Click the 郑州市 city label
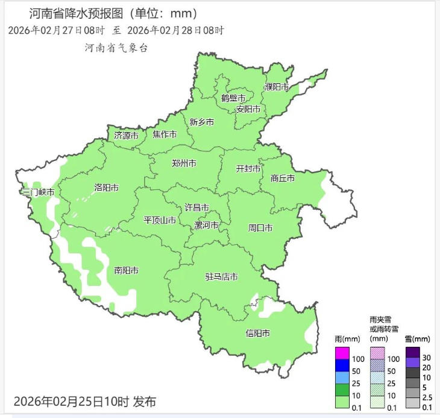[184, 163]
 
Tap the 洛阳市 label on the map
[107, 187]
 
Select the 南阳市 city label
[127, 270]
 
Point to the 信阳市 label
[257, 333]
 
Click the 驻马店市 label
[221, 277]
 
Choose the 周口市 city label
[260, 228]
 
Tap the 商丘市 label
[283, 178]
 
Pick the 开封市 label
[248, 168]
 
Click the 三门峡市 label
[38, 192]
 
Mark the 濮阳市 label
[277, 87]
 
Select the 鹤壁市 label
[233, 98]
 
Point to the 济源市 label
[126, 136]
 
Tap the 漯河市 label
[206, 226]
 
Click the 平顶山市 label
[160, 220]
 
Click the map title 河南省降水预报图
[87, 13]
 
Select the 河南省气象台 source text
[116, 48]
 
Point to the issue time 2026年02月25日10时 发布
[84, 401]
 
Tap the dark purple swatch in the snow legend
[412, 352]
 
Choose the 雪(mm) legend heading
[417, 339]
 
